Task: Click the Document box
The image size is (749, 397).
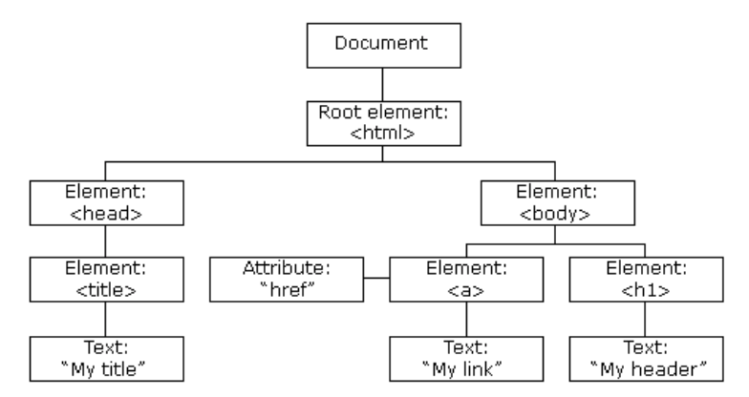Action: pyautogui.click(x=384, y=46)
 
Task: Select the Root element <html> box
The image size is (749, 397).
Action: pyautogui.click(x=384, y=123)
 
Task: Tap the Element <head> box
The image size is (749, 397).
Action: pyautogui.click(x=107, y=202)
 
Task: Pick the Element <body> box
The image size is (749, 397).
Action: pyautogui.click(x=558, y=202)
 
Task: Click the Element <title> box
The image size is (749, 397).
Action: pyautogui.click(x=107, y=280)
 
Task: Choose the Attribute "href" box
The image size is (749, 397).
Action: pyautogui.click(x=287, y=280)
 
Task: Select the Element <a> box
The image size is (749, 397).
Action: pyautogui.click(x=466, y=280)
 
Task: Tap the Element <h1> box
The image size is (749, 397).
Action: pyautogui.click(x=646, y=280)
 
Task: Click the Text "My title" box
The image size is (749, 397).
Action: pyautogui.click(x=107, y=359)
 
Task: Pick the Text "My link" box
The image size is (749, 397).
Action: pyautogui.click(x=466, y=359)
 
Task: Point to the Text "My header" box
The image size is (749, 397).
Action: pyautogui.click(x=646, y=359)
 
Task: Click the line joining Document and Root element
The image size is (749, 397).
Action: pyautogui.click(x=382, y=84)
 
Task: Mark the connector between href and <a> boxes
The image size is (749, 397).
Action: pyautogui.click(x=376, y=278)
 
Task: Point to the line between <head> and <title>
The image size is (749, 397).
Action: pyautogui.click(x=105, y=241)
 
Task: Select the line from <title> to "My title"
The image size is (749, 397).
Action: pyautogui.click(x=105, y=319)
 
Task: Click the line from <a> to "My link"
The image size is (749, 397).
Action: pyautogui.click(x=466, y=319)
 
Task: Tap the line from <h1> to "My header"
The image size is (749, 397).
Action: pyautogui.click(x=645, y=319)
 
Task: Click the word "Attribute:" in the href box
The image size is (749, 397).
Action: pyautogui.click(x=287, y=268)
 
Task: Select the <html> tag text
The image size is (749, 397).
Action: pyautogui.click(x=382, y=134)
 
